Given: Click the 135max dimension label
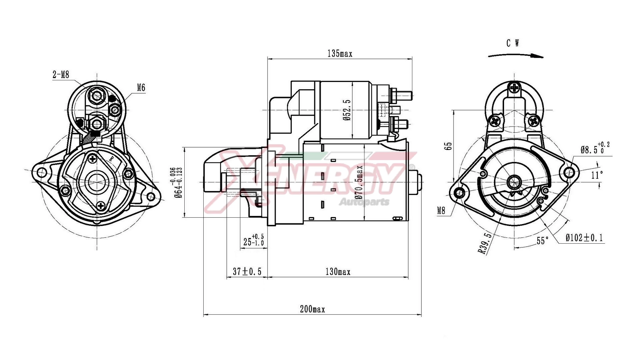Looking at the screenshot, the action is click(340, 53).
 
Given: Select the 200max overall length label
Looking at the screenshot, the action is click(312, 309).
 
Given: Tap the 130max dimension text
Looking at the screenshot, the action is click(338, 272).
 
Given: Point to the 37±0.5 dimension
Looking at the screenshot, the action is click(247, 272).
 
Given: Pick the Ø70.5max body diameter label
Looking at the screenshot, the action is click(359, 182).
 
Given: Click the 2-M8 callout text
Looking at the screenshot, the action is click(61, 75).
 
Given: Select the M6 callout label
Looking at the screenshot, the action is click(141, 88).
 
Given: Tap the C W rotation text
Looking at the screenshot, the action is click(513, 43).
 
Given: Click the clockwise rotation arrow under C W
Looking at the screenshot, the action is click(516, 55).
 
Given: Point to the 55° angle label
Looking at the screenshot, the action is click(543, 241).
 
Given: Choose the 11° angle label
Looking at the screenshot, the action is click(597, 175).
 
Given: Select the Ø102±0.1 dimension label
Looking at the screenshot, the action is click(584, 238).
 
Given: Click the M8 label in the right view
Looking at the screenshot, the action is click(441, 211).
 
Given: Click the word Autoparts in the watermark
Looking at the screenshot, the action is click(364, 202).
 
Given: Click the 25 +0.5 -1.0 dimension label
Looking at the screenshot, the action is click(254, 240).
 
